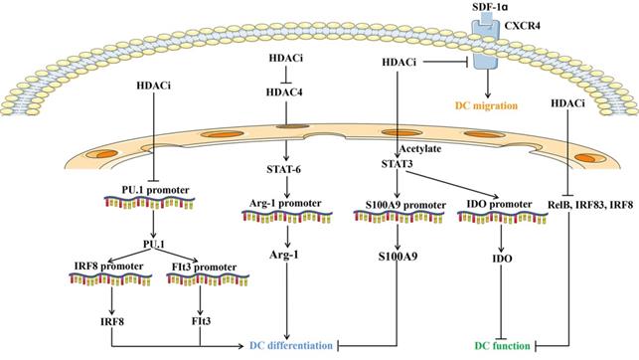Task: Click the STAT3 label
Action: (399, 163)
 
